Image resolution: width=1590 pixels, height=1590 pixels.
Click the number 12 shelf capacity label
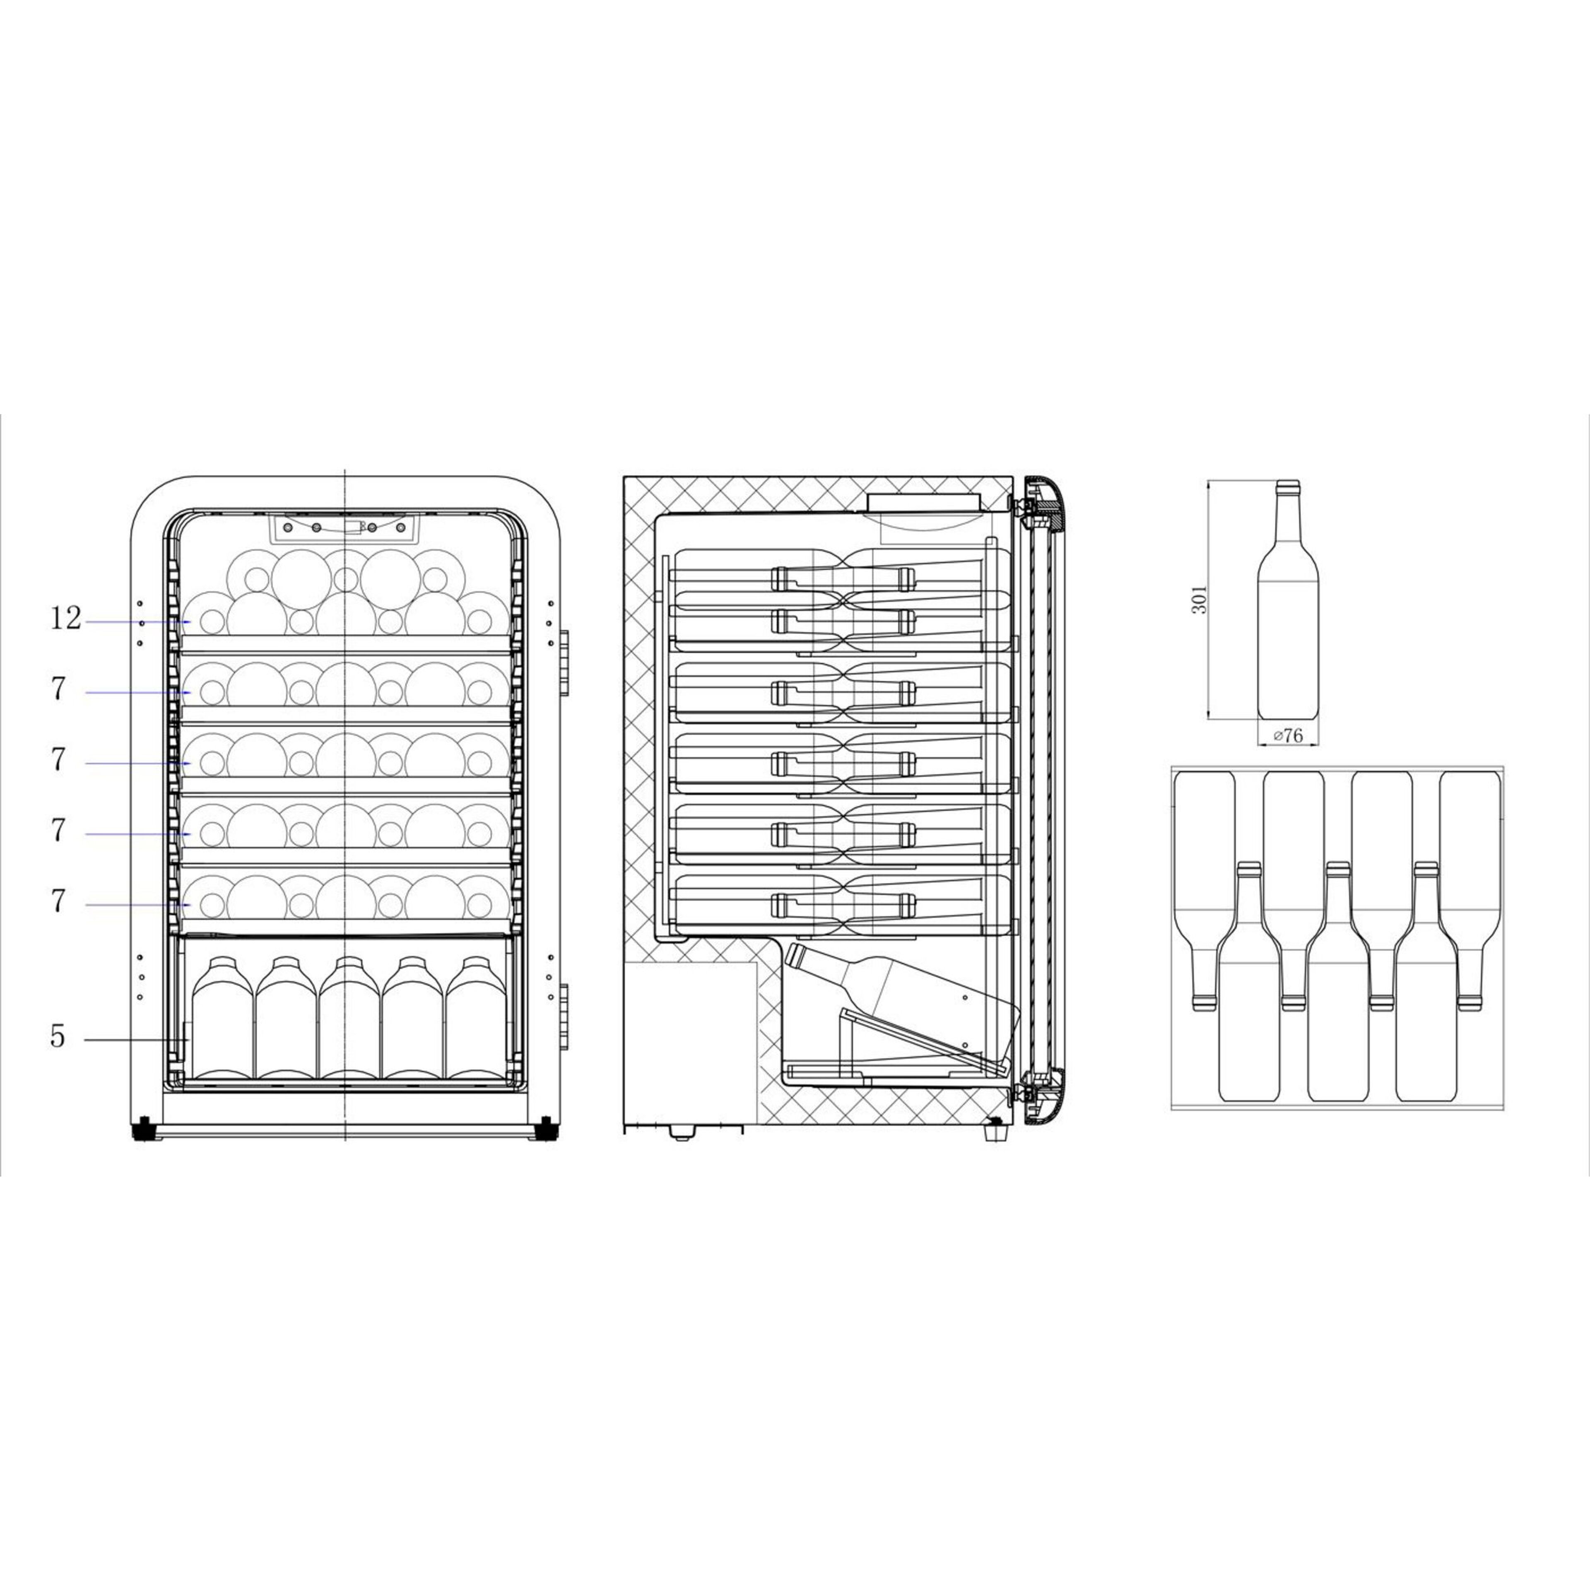[x=66, y=619]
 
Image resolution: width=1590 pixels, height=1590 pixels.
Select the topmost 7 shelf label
[x=58, y=690]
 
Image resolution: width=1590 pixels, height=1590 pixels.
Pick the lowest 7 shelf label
[x=58, y=902]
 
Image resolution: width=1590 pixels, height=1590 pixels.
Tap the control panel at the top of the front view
[x=344, y=528]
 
